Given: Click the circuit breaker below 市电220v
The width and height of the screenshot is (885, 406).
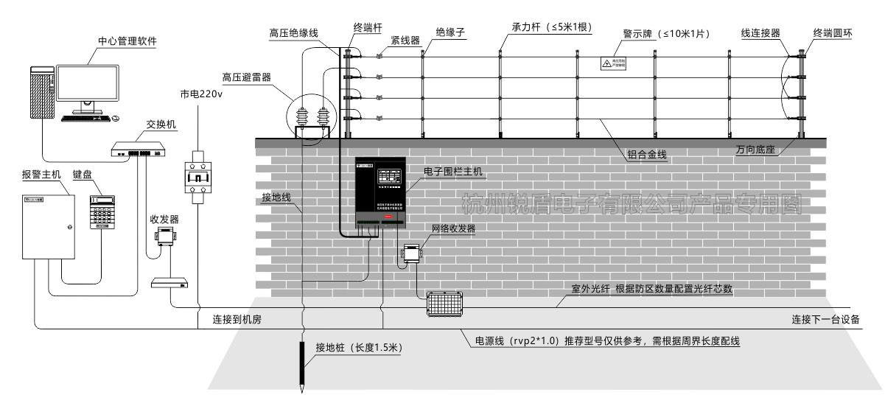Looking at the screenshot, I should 197,176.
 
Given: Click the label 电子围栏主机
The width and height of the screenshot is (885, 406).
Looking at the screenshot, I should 453,171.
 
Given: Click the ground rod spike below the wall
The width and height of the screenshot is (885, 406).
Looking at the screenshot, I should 302,365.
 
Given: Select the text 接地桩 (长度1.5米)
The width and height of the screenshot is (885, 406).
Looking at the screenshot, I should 359,348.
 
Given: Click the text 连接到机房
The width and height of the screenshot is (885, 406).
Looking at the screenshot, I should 237,320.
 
